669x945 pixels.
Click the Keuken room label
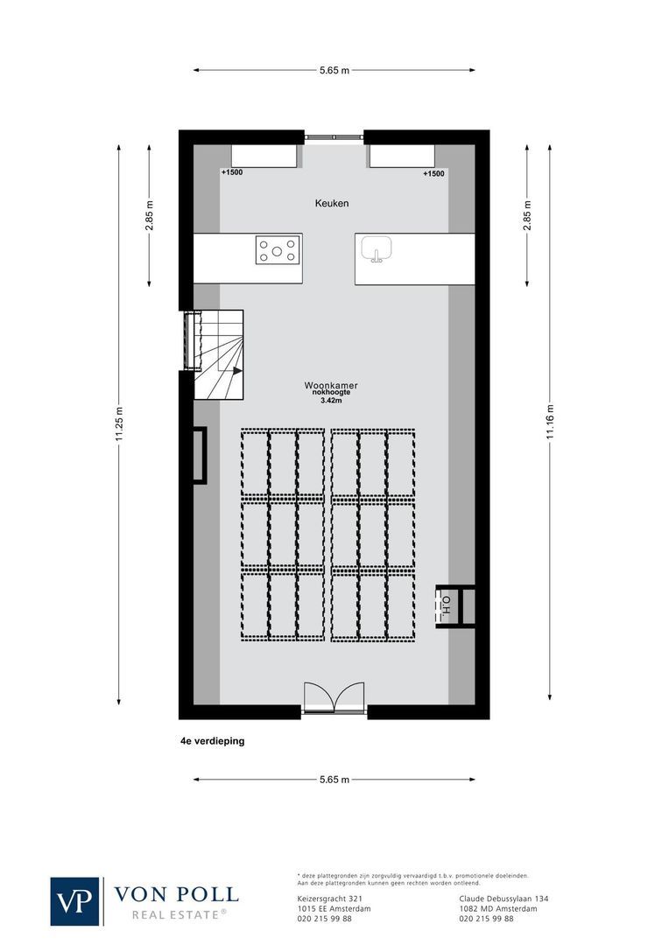click(x=332, y=203)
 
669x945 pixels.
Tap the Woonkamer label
click(x=331, y=385)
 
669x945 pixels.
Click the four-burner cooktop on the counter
click(x=277, y=251)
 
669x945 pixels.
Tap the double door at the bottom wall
click(x=334, y=700)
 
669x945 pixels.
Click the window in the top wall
click(x=334, y=136)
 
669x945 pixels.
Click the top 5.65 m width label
click(x=334, y=70)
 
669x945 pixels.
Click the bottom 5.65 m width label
click(x=334, y=780)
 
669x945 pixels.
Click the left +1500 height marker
click(x=232, y=172)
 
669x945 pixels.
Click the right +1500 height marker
click(x=433, y=173)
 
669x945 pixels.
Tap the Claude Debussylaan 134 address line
click(x=504, y=899)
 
